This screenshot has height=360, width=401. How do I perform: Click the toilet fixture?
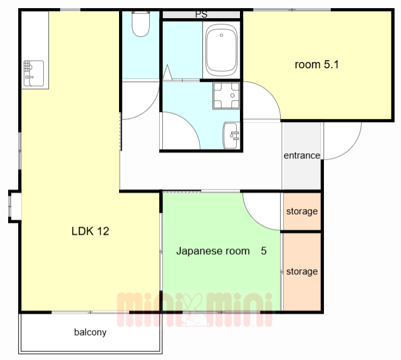[140, 24]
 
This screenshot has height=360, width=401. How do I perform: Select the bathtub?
[221, 50]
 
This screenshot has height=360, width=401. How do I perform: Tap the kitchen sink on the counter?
[33, 73]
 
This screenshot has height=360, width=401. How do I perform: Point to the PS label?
[201, 14]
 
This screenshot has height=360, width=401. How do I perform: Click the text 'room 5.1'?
[316, 64]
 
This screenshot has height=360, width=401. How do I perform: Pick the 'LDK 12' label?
[90, 231]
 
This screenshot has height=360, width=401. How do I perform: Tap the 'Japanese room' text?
[213, 251]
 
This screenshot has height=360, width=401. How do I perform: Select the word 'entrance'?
[302, 155]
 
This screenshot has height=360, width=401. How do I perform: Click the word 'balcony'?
[90, 332]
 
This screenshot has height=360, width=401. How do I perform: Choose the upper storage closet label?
[302, 211]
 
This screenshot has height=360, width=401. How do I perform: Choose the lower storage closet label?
[302, 271]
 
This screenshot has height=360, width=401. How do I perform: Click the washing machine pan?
[226, 96]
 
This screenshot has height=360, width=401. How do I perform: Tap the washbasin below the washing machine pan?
[231, 135]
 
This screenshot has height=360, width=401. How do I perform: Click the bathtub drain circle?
[221, 35]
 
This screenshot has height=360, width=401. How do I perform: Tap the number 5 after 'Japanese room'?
[264, 251]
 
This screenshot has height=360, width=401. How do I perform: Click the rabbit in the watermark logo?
[194, 311]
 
